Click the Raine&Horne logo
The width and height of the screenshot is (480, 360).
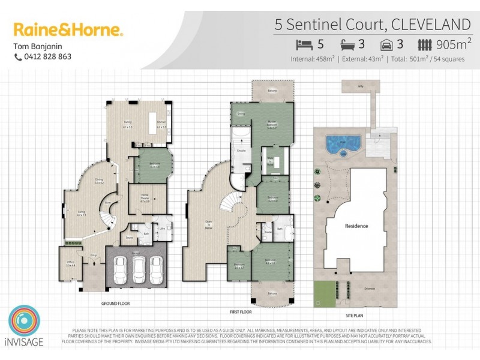[x=68, y=29]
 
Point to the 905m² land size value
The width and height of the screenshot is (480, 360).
[x=454, y=44]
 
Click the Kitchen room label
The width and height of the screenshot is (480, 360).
[x=161, y=122]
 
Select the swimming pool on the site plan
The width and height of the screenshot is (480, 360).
[x=343, y=143]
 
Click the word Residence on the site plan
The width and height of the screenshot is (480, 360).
[x=356, y=226]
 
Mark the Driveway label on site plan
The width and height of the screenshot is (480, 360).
[x=370, y=289]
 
